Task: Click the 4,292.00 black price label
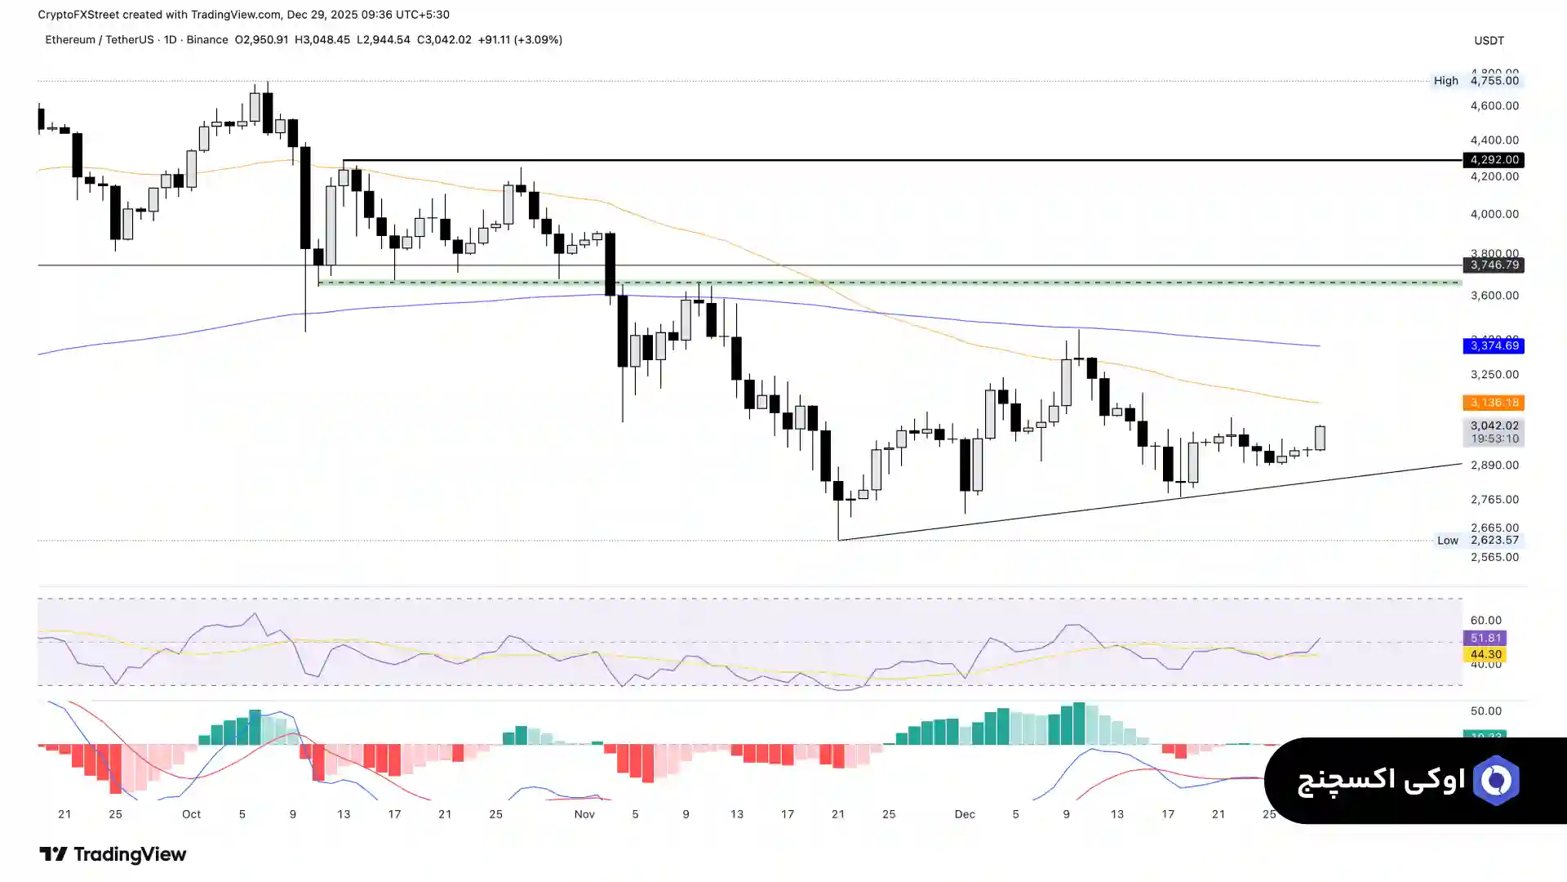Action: [1494, 160]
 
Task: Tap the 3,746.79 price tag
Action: [1494, 265]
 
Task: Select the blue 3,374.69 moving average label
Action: [1494, 346]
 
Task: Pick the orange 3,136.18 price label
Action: [1494, 403]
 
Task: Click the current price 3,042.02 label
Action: [1494, 426]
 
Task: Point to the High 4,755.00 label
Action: [1477, 81]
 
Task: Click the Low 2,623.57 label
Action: [1478, 541]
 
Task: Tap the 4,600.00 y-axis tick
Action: [1494, 106]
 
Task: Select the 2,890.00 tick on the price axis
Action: [1494, 465]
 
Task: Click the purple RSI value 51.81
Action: [1485, 639]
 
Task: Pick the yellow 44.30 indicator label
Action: [1485, 655]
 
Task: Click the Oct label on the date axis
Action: [191, 814]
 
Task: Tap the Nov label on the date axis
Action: [584, 814]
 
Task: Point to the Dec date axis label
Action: [965, 814]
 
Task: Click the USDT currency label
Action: [1489, 41]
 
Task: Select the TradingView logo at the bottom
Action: [113, 854]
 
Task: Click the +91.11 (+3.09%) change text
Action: [520, 40]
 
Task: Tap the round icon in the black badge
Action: [1496, 781]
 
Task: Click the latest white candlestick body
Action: [1320, 438]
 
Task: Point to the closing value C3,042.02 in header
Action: [444, 40]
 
